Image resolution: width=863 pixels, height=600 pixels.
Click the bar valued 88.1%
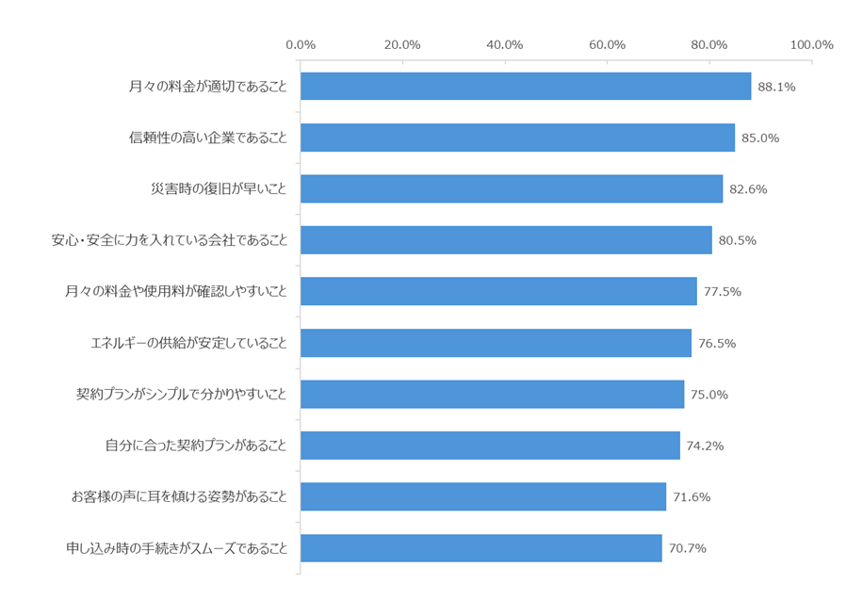tap(526, 87)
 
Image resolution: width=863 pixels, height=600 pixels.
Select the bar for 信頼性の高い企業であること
tap(517, 138)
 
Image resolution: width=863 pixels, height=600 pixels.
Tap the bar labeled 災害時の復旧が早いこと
tap(512, 189)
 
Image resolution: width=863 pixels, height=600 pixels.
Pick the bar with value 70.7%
tap(481, 548)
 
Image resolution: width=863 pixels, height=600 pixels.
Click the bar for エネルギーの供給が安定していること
tap(496, 343)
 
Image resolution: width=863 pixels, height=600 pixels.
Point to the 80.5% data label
tap(737, 240)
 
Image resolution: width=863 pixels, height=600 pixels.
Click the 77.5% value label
tap(722, 292)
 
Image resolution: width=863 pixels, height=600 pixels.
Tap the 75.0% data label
tap(708, 395)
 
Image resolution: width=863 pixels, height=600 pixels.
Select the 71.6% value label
tap(692, 496)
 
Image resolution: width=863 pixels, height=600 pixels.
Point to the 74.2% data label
tap(705, 446)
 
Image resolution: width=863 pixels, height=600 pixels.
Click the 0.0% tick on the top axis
tap(301, 44)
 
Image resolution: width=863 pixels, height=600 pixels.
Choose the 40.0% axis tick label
tap(505, 44)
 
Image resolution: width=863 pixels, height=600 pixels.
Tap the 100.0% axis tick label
tap(811, 44)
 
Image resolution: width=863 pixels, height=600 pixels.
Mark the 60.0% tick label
tap(608, 44)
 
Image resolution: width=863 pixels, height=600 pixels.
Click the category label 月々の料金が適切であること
tap(207, 87)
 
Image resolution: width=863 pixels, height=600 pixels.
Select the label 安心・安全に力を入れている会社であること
tap(169, 240)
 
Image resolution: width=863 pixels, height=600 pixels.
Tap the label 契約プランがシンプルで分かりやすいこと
tap(181, 395)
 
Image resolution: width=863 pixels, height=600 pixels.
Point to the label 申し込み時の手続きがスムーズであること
tap(176, 548)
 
